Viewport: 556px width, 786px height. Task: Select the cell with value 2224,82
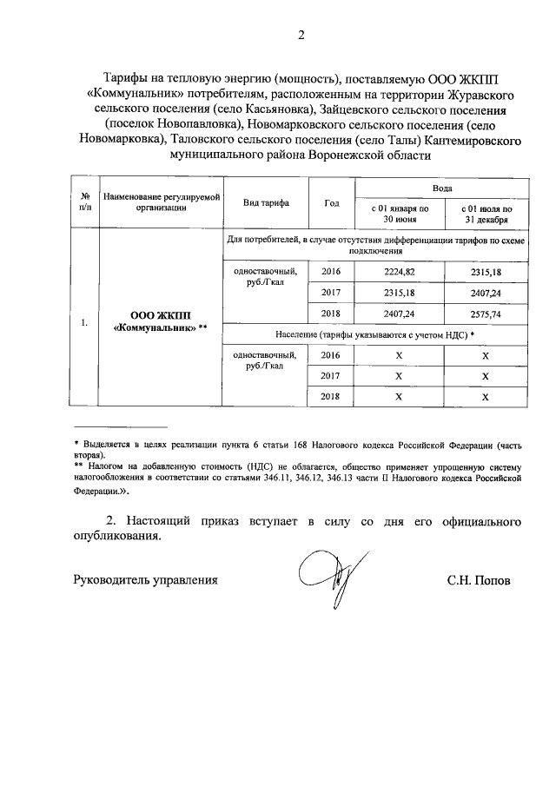(x=399, y=272)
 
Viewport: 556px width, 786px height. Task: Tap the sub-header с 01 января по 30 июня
(x=399, y=215)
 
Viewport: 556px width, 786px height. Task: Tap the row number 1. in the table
(x=84, y=323)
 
